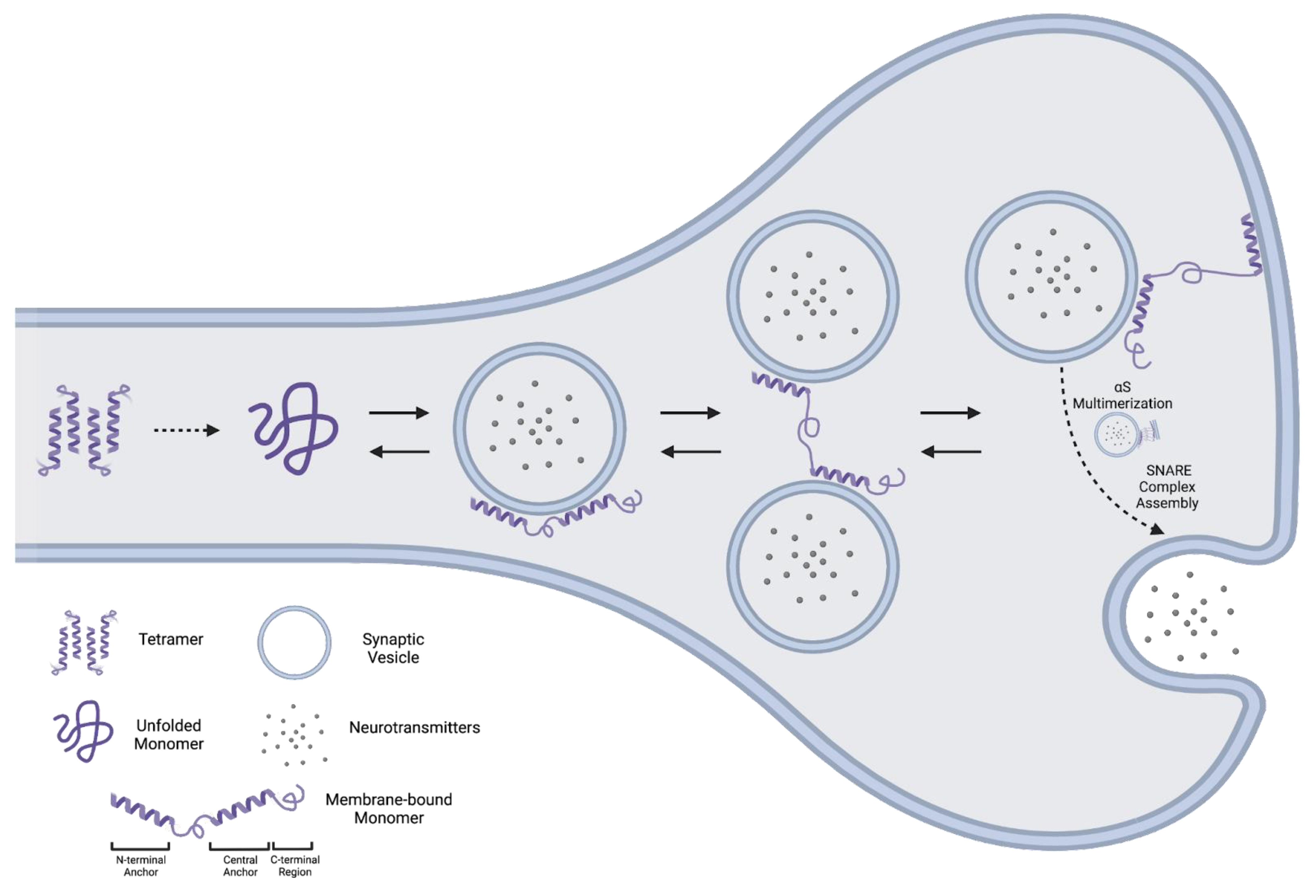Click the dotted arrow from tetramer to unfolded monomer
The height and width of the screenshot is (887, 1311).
click(186, 431)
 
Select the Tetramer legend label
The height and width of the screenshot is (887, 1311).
click(171, 639)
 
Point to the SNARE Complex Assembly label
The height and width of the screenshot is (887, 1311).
click(1167, 486)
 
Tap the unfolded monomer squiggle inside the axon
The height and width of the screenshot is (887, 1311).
click(293, 429)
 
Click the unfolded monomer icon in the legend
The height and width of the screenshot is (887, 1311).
click(83, 731)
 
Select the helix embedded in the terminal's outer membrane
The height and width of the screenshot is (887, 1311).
click(1251, 244)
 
